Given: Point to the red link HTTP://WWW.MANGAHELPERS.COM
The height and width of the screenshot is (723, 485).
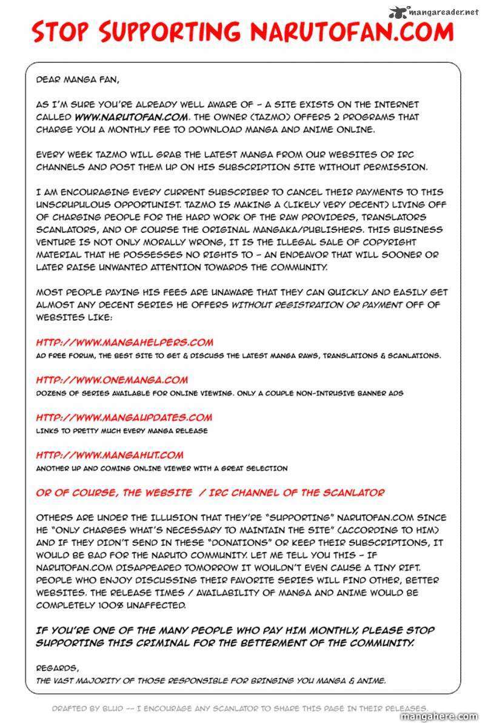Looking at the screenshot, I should (124, 343).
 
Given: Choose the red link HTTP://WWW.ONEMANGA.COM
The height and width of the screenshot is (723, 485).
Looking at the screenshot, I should (112, 380).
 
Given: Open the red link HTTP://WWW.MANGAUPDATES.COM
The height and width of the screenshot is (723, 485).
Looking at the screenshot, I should (124, 417).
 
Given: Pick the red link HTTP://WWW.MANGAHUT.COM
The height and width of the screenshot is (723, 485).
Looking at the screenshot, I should (109, 455).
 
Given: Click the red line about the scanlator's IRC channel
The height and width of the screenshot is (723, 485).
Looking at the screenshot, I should (210, 493).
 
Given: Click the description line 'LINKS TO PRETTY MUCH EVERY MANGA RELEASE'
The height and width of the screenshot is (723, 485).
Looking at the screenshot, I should (121, 431).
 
